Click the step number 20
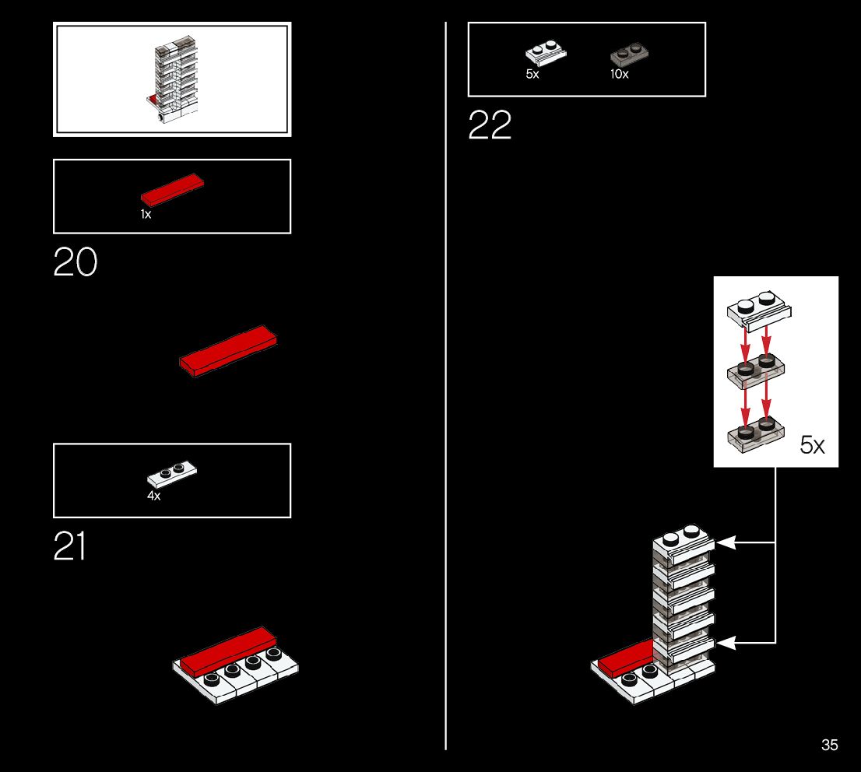pyautogui.click(x=76, y=262)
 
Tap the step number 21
pyautogui.click(x=69, y=546)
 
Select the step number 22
pyautogui.click(x=490, y=125)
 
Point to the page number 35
pyautogui.click(x=829, y=745)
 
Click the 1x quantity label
pyautogui.click(x=146, y=214)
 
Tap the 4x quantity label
pyautogui.click(x=153, y=496)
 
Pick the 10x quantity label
pyautogui.click(x=619, y=75)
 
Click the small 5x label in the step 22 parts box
pyautogui.click(x=532, y=75)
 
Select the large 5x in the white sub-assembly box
pyautogui.click(x=812, y=445)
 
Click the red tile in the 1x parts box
pyautogui.click(x=172, y=189)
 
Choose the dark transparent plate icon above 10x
pyautogui.click(x=629, y=54)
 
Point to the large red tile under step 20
pyautogui.click(x=228, y=350)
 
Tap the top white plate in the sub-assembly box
pyautogui.click(x=758, y=311)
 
